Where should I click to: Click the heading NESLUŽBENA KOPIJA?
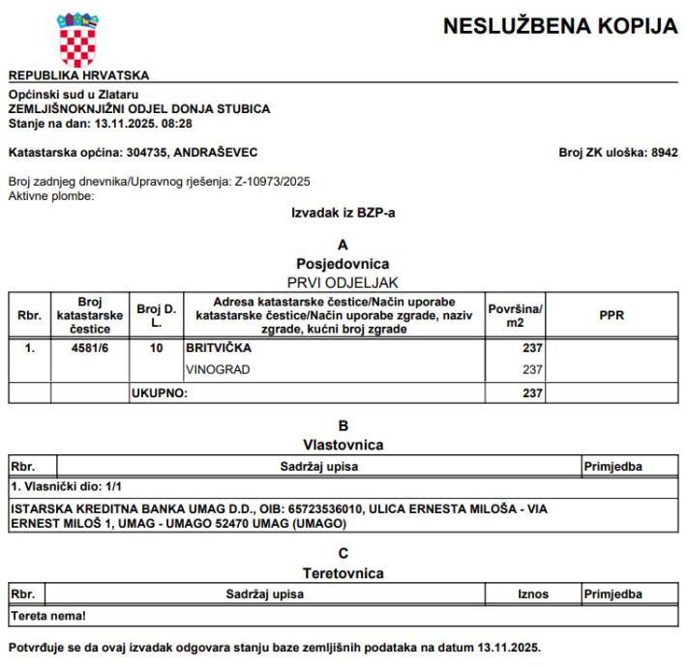561,29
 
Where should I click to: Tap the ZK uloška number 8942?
664,152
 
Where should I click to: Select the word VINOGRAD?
216,369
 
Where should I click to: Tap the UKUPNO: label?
159,393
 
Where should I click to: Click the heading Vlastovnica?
343,446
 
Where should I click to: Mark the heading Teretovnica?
343,574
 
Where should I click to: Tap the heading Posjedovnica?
343,262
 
